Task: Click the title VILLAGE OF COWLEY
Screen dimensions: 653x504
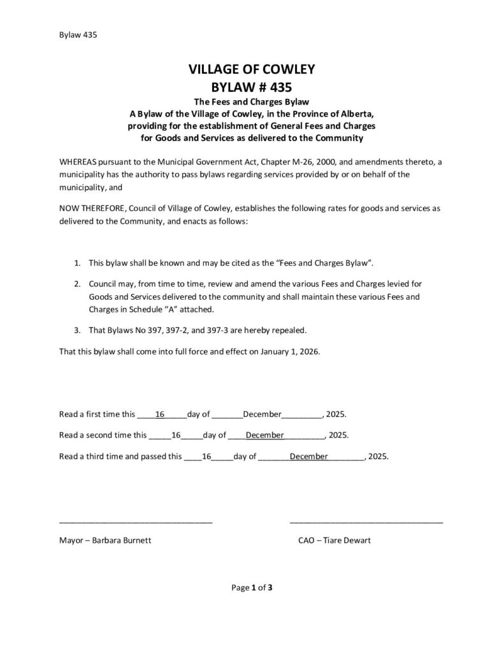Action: point(251,70)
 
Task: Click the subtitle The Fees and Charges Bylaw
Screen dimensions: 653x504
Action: point(251,102)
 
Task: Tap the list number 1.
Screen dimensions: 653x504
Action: point(77,263)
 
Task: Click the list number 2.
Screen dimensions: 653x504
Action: point(77,282)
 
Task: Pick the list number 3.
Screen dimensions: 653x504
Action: point(77,330)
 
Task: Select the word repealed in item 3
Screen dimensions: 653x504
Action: point(290,330)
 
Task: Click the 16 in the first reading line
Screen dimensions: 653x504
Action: point(161,415)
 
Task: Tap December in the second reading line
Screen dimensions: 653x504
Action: point(264,436)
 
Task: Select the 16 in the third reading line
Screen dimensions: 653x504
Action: point(206,457)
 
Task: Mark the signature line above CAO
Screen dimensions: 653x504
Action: point(366,522)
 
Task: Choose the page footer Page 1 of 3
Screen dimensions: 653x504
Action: point(252,587)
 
